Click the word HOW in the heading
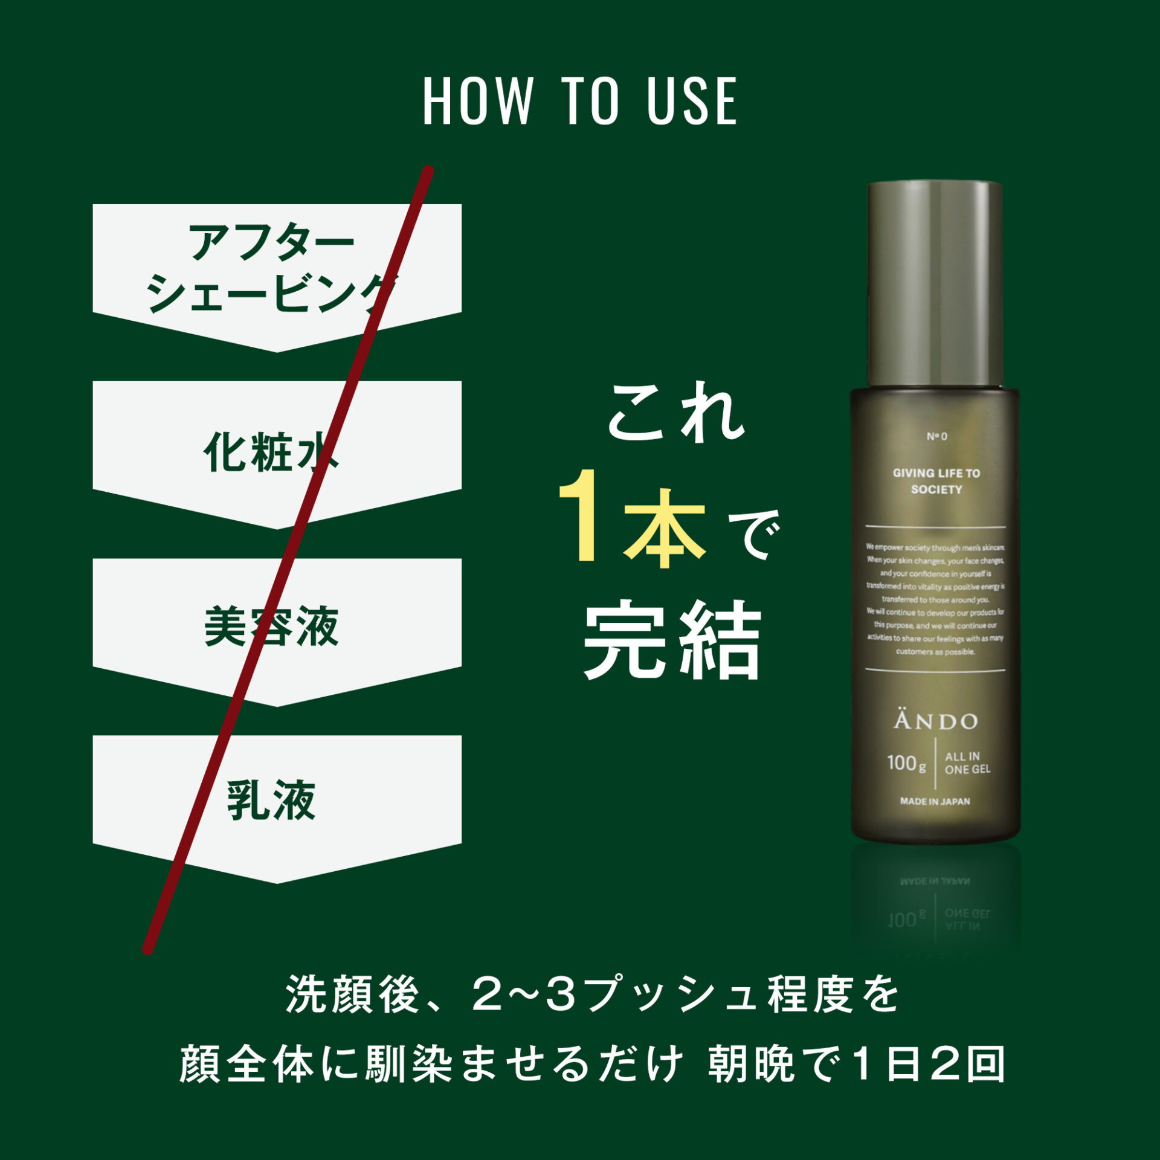click(x=477, y=101)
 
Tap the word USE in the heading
click(x=692, y=101)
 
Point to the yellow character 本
click(x=665, y=529)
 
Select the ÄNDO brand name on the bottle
click(x=935, y=720)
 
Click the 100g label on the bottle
click(x=906, y=763)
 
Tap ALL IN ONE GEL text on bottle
click(x=967, y=763)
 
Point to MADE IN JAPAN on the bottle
click(x=935, y=802)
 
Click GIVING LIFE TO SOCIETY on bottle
click(x=936, y=481)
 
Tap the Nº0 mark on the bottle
click(x=937, y=436)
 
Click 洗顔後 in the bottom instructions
click(x=352, y=994)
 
